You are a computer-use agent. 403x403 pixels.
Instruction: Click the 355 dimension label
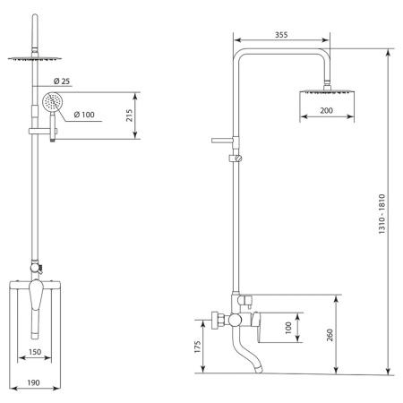281,35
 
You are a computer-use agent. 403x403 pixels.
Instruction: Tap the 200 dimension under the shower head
326,110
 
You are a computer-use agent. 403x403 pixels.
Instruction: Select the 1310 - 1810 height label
382,214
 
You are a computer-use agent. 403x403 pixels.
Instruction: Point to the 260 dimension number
330,335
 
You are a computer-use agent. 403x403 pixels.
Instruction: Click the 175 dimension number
198,347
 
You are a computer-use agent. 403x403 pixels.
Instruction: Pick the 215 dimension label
129,116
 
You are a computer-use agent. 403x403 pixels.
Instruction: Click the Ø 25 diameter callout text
62,81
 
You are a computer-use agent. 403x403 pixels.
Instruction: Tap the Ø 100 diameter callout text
84,115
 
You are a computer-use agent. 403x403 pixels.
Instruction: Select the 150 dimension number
35,352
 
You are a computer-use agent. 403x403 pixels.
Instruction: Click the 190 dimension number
33,382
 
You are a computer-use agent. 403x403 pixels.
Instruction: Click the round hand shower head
51,102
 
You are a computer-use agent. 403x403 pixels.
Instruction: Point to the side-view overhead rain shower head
327,92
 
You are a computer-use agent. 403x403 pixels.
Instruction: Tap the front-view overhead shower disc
35,59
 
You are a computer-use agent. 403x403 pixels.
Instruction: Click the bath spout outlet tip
258,370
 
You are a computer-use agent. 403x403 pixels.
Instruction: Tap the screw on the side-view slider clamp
238,159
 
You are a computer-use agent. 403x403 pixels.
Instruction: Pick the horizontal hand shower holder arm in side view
222,141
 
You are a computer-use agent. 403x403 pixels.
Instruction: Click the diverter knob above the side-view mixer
247,300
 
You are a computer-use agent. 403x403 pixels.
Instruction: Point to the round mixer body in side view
235,320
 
